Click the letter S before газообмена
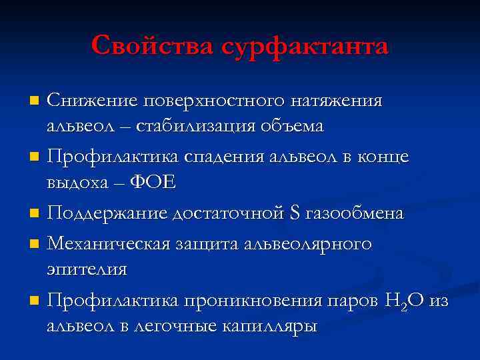coord(295,213)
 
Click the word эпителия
coord(86,270)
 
